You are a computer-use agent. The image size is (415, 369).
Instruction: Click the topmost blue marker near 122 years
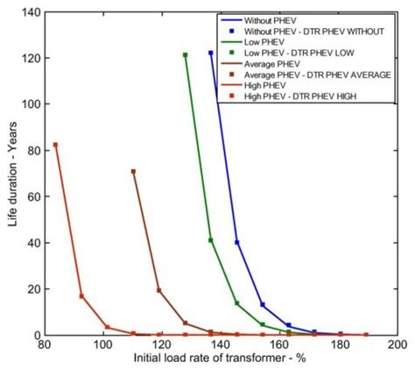(x=211, y=53)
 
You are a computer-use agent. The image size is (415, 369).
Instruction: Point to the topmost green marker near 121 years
(x=186, y=54)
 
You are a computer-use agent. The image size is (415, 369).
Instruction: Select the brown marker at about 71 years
(x=133, y=172)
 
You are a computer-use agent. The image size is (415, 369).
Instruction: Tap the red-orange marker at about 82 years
(x=55, y=145)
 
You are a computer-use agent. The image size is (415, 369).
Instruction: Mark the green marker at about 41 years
(x=211, y=240)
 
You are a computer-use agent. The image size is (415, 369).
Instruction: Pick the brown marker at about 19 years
(x=158, y=290)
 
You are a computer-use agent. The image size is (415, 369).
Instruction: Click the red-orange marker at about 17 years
(x=81, y=296)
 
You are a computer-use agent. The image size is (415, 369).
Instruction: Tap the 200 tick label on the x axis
(x=397, y=345)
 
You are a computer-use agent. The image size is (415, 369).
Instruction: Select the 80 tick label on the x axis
(x=44, y=345)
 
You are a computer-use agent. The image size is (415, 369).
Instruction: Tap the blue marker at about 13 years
(x=263, y=305)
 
